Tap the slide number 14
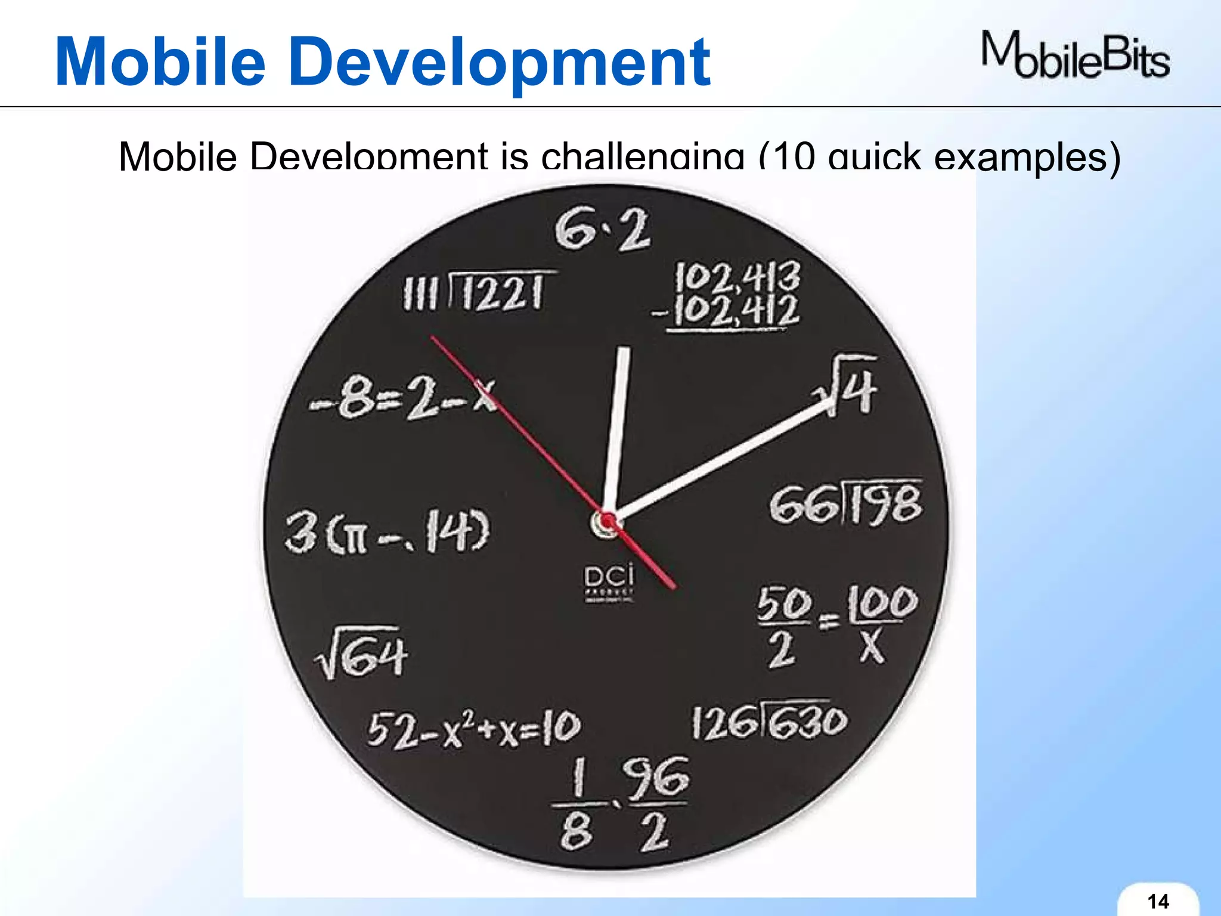coord(1158,900)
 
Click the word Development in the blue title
coord(501,62)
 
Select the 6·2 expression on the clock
coord(602,230)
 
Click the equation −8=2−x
coord(403,398)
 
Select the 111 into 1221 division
coord(481,292)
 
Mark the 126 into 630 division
coord(769,722)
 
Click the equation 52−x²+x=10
coord(473,729)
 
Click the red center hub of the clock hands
coord(608,523)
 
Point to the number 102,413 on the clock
coord(737,277)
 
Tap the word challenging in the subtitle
coord(643,156)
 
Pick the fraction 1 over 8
coord(576,805)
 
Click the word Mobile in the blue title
coord(160,62)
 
